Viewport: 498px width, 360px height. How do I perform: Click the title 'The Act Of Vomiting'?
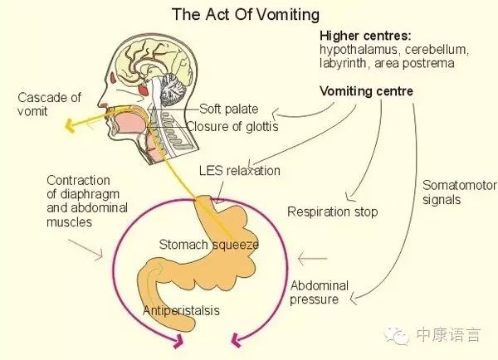point(245,15)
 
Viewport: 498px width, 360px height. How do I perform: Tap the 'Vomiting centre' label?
point(366,90)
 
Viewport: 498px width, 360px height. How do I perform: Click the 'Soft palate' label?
point(229,109)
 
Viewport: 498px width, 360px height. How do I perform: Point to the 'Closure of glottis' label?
point(232,127)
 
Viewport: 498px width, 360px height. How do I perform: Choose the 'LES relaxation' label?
point(240,171)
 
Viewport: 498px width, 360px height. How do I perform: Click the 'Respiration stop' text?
point(332,212)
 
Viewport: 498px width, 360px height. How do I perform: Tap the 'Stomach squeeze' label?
point(209,245)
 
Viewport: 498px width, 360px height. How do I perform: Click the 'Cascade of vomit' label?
point(50,105)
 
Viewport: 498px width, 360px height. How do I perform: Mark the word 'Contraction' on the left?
point(79,180)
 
